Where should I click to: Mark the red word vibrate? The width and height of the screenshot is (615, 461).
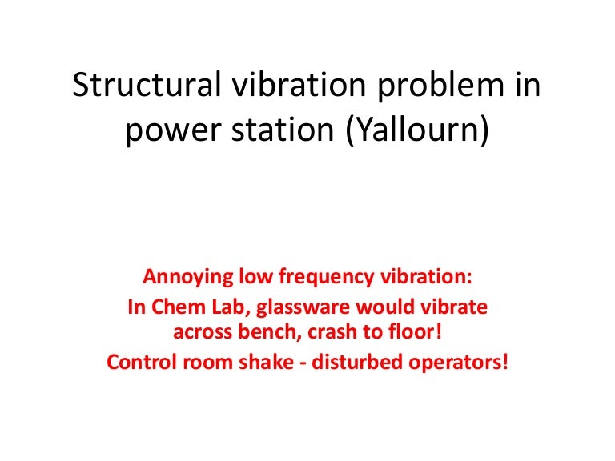pyautogui.click(x=457, y=307)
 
